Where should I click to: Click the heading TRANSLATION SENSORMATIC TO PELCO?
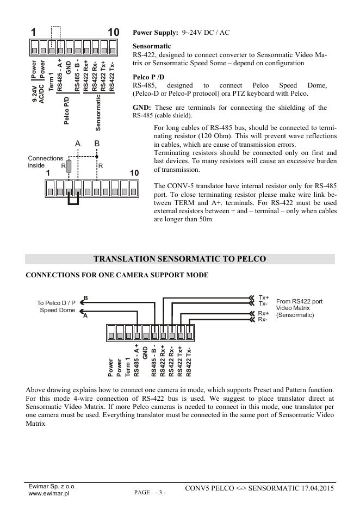pyautogui.click(x=180, y=259)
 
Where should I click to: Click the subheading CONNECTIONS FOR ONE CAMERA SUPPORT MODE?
pyautogui.click(x=117, y=275)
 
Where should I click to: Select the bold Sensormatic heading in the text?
pyautogui.click(x=152, y=46)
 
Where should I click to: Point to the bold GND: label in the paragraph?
pyautogui.click(x=142, y=108)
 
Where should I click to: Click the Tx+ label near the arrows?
pyautogui.click(x=264, y=297)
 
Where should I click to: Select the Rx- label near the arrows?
pyautogui.click(x=263, y=319)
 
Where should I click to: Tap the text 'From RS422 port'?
pyautogui.click(x=300, y=301)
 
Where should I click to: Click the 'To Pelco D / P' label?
pyautogui.click(x=56, y=303)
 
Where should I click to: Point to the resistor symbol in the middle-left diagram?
pyautogui.click(x=69, y=166)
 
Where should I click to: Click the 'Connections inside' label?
pyautogui.click(x=46, y=162)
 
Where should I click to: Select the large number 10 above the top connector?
pyautogui.click(x=113, y=33)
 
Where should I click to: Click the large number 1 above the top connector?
pyautogui.click(x=33, y=33)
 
